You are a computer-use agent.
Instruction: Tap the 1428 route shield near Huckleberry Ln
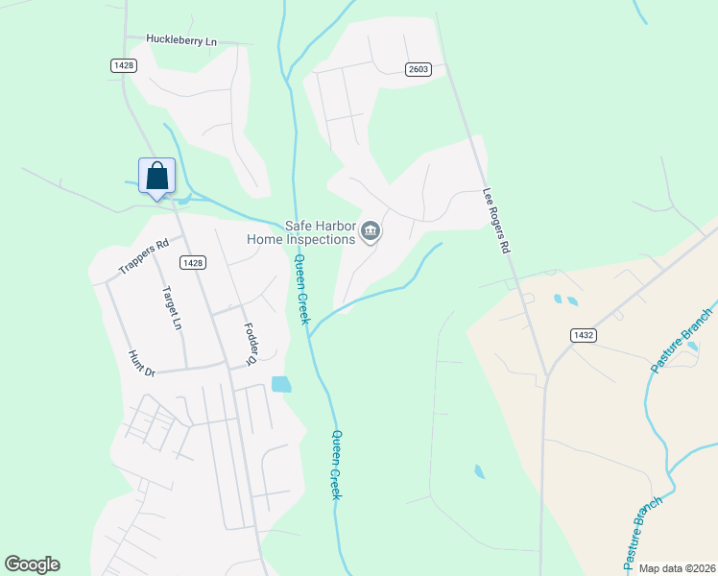point(123,64)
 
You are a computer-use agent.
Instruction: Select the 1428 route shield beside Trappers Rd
point(193,262)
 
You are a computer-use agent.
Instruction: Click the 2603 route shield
point(418,69)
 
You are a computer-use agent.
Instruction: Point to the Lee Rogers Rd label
point(496,220)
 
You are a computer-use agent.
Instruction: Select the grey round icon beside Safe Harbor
point(371,231)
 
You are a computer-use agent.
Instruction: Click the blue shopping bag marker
point(157,177)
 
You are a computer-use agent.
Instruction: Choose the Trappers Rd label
point(143,256)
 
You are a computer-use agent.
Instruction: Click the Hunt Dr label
point(141,363)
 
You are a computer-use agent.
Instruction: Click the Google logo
point(32,564)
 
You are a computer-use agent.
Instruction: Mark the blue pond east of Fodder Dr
point(280,384)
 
